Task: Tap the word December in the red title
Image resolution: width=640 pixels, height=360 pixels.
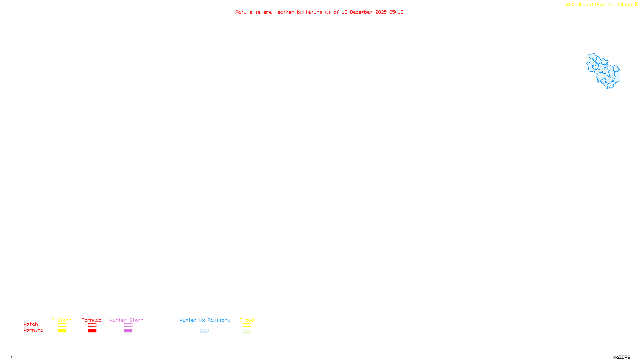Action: (361, 12)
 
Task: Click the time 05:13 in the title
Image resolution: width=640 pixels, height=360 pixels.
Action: (396, 12)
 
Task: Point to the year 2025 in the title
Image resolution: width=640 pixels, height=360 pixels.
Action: (381, 12)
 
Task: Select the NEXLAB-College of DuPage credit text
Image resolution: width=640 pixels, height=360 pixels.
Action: (599, 5)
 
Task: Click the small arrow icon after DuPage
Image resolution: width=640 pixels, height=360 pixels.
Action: (636, 4)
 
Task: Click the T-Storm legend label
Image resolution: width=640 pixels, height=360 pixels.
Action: (62, 320)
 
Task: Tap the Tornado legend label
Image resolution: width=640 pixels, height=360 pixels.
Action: (92, 320)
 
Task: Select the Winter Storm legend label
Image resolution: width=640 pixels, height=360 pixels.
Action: (126, 320)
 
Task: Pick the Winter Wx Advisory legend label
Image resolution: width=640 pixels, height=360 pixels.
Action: (205, 320)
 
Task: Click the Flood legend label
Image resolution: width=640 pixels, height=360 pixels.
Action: (247, 320)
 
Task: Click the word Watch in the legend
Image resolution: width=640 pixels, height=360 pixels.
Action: (31, 324)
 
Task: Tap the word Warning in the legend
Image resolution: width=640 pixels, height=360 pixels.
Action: (33, 330)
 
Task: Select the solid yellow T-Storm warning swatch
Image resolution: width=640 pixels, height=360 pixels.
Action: (62, 331)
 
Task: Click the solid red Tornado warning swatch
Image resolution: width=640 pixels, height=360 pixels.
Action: (92, 331)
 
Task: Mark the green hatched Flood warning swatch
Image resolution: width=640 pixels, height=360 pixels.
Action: (247, 331)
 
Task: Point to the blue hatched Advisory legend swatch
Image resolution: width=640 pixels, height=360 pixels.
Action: (204, 331)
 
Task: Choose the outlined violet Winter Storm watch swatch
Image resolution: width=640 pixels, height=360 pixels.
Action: (128, 325)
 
